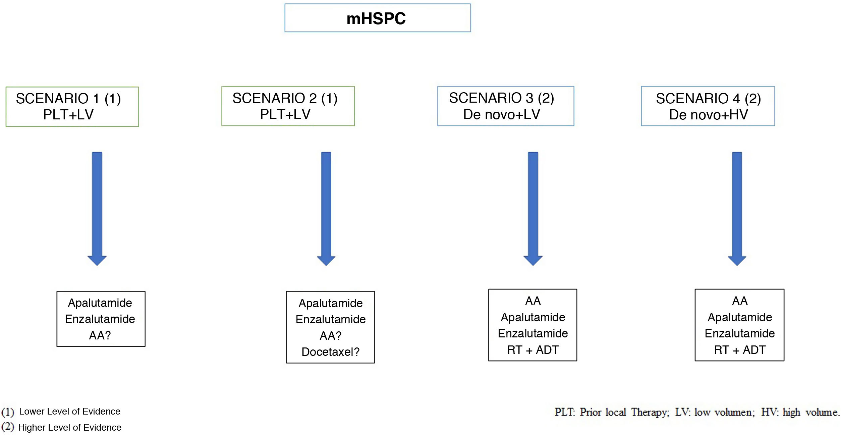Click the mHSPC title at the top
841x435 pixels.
click(376, 18)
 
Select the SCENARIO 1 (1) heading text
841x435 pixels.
click(68, 99)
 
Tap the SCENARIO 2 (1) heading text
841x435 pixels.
click(285, 98)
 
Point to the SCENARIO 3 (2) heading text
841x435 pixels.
click(502, 98)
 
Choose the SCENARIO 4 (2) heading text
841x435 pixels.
click(708, 99)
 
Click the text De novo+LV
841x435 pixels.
click(502, 115)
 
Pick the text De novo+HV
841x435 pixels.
click(708, 115)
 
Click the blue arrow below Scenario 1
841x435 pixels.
click(97, 208)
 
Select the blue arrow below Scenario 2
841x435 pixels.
click(326, 208)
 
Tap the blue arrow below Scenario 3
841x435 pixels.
click(533, 208)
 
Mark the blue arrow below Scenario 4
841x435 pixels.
click(737, 208)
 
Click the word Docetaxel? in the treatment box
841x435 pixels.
click(330, 352)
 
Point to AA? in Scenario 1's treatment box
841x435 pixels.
click(100, 335)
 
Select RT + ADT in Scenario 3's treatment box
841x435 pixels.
click(533, 350)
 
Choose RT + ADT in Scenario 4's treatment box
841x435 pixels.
click(740, 350)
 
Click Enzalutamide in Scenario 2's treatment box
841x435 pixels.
click(330, 319)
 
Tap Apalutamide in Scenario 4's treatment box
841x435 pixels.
click(740, 317)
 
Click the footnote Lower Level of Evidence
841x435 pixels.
click(70, 412)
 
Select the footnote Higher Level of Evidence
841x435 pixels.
click(70, 428)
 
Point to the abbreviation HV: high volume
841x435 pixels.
click(799, 412)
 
